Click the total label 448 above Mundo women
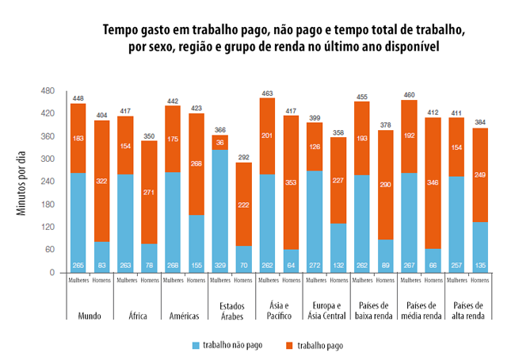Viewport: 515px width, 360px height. (78, 98)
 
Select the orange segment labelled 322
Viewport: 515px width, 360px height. (101, 182)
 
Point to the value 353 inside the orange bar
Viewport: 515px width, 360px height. (291, 183)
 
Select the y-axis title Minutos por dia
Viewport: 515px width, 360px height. (21, 182)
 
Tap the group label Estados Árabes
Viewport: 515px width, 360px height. (233, 311)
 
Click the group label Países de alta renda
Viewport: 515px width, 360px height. (467, 311)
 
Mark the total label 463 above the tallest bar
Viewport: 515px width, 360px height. (267, 93)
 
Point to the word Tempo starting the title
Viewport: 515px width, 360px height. (124, 30)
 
